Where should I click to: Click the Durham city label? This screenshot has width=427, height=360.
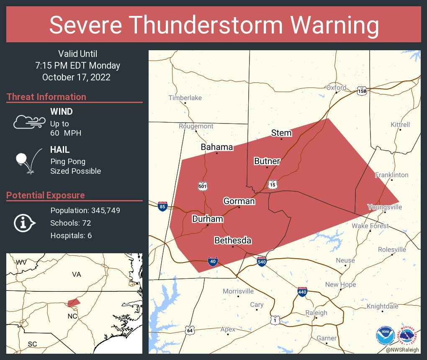click(208, 219)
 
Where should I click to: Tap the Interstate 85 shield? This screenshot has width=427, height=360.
click(162, 206)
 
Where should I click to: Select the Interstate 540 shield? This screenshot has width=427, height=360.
click(262, 262)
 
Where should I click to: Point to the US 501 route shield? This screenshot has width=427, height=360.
click(203, 187)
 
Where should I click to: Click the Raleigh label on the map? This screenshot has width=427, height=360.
click(316, 313)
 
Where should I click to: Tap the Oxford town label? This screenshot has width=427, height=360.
click(337, 87)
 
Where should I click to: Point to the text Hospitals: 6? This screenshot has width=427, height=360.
click(71, 236)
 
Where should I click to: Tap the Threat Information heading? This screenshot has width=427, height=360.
click(46, 97)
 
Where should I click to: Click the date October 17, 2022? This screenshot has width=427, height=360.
click(76, 77)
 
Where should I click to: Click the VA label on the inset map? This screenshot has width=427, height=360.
click(76, 274)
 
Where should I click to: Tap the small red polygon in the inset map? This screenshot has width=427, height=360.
click(74, 302)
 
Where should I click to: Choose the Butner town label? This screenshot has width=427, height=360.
click(267, 161)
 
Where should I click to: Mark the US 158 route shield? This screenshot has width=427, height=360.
click(362, 91)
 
